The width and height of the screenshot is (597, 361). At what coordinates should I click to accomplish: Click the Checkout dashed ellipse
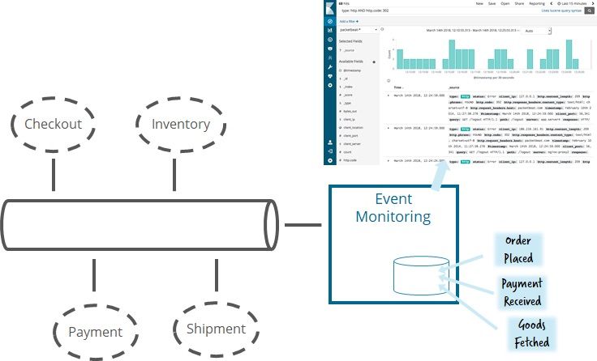(53, 124)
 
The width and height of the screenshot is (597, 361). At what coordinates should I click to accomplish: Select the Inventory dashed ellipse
(180, 124)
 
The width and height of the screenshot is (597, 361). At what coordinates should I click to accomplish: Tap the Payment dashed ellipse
(95, 331)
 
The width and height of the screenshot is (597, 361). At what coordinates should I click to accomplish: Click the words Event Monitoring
(393, 207)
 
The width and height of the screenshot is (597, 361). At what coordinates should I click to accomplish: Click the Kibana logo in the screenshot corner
(329, 8)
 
